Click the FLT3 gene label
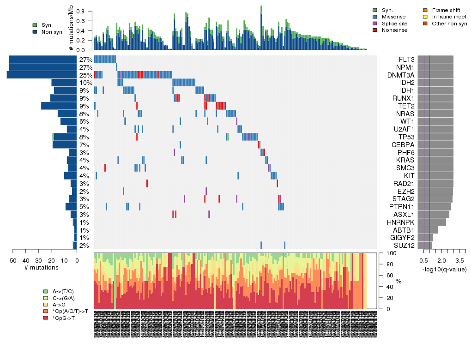point(406,60)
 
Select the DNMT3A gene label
point(400,75)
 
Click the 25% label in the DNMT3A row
point(85,75)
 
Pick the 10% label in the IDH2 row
point(85,83)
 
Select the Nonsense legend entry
point(394,30)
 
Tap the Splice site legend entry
point(394,24)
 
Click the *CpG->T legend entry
point(65,318)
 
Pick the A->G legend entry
point(61,305)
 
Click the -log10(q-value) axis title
point(444,269)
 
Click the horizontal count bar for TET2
point(59,106)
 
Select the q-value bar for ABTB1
point(428,230)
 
